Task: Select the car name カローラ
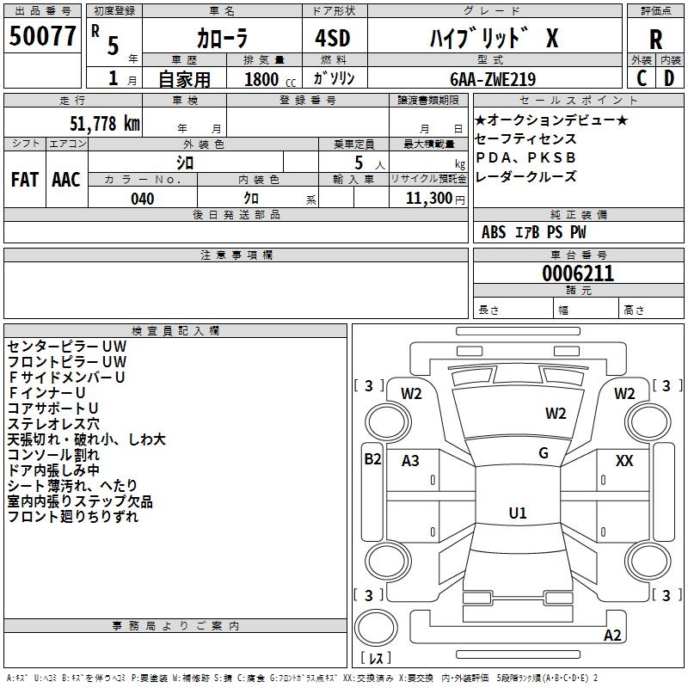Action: pos(223,40)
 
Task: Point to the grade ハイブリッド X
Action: pos(494,39)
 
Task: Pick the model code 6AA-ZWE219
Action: pos(493,79)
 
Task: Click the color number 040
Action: pos(143,199)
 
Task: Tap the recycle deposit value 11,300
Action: pos(427,199)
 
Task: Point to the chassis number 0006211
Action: pos(578,274)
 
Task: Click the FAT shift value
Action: pos(24,180)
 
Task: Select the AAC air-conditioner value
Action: pos(66,180)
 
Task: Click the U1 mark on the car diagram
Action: pos(517,513)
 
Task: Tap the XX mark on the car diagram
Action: pos(624,462)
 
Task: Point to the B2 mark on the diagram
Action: pos(372,459)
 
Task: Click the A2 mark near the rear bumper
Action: pos(612,636)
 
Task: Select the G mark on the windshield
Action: pos(544,453)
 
